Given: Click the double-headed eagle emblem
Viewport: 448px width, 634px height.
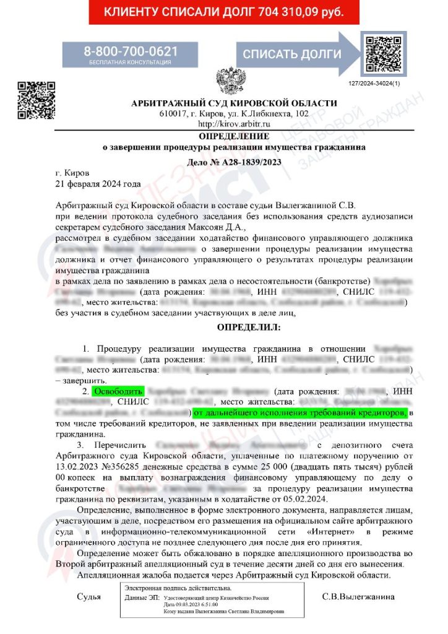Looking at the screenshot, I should pos(230,80).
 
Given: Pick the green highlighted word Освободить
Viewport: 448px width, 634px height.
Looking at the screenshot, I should pos(118,391).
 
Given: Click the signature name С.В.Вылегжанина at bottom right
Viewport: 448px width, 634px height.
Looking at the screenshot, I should pos(358,597).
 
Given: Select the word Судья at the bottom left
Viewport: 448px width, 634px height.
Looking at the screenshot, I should pos(88,597).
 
